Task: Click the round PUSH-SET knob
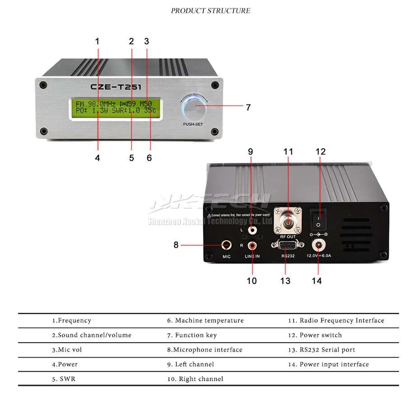point(195,108)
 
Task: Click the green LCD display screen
point(116,107)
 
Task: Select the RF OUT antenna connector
point(287,222)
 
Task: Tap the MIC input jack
point(227,245)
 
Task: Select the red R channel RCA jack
point(251,246)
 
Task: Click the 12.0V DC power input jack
point(319,245)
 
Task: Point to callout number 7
point(248,108)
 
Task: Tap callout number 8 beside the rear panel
point(176,245)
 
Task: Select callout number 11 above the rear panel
point(288,152)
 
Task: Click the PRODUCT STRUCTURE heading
point(210,11)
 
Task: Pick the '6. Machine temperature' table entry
point(205,321)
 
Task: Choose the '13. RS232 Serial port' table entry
point(321,349)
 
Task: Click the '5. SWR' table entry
point(63,379)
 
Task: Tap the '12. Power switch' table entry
point(315,335)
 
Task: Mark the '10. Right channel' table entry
point(195,379)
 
